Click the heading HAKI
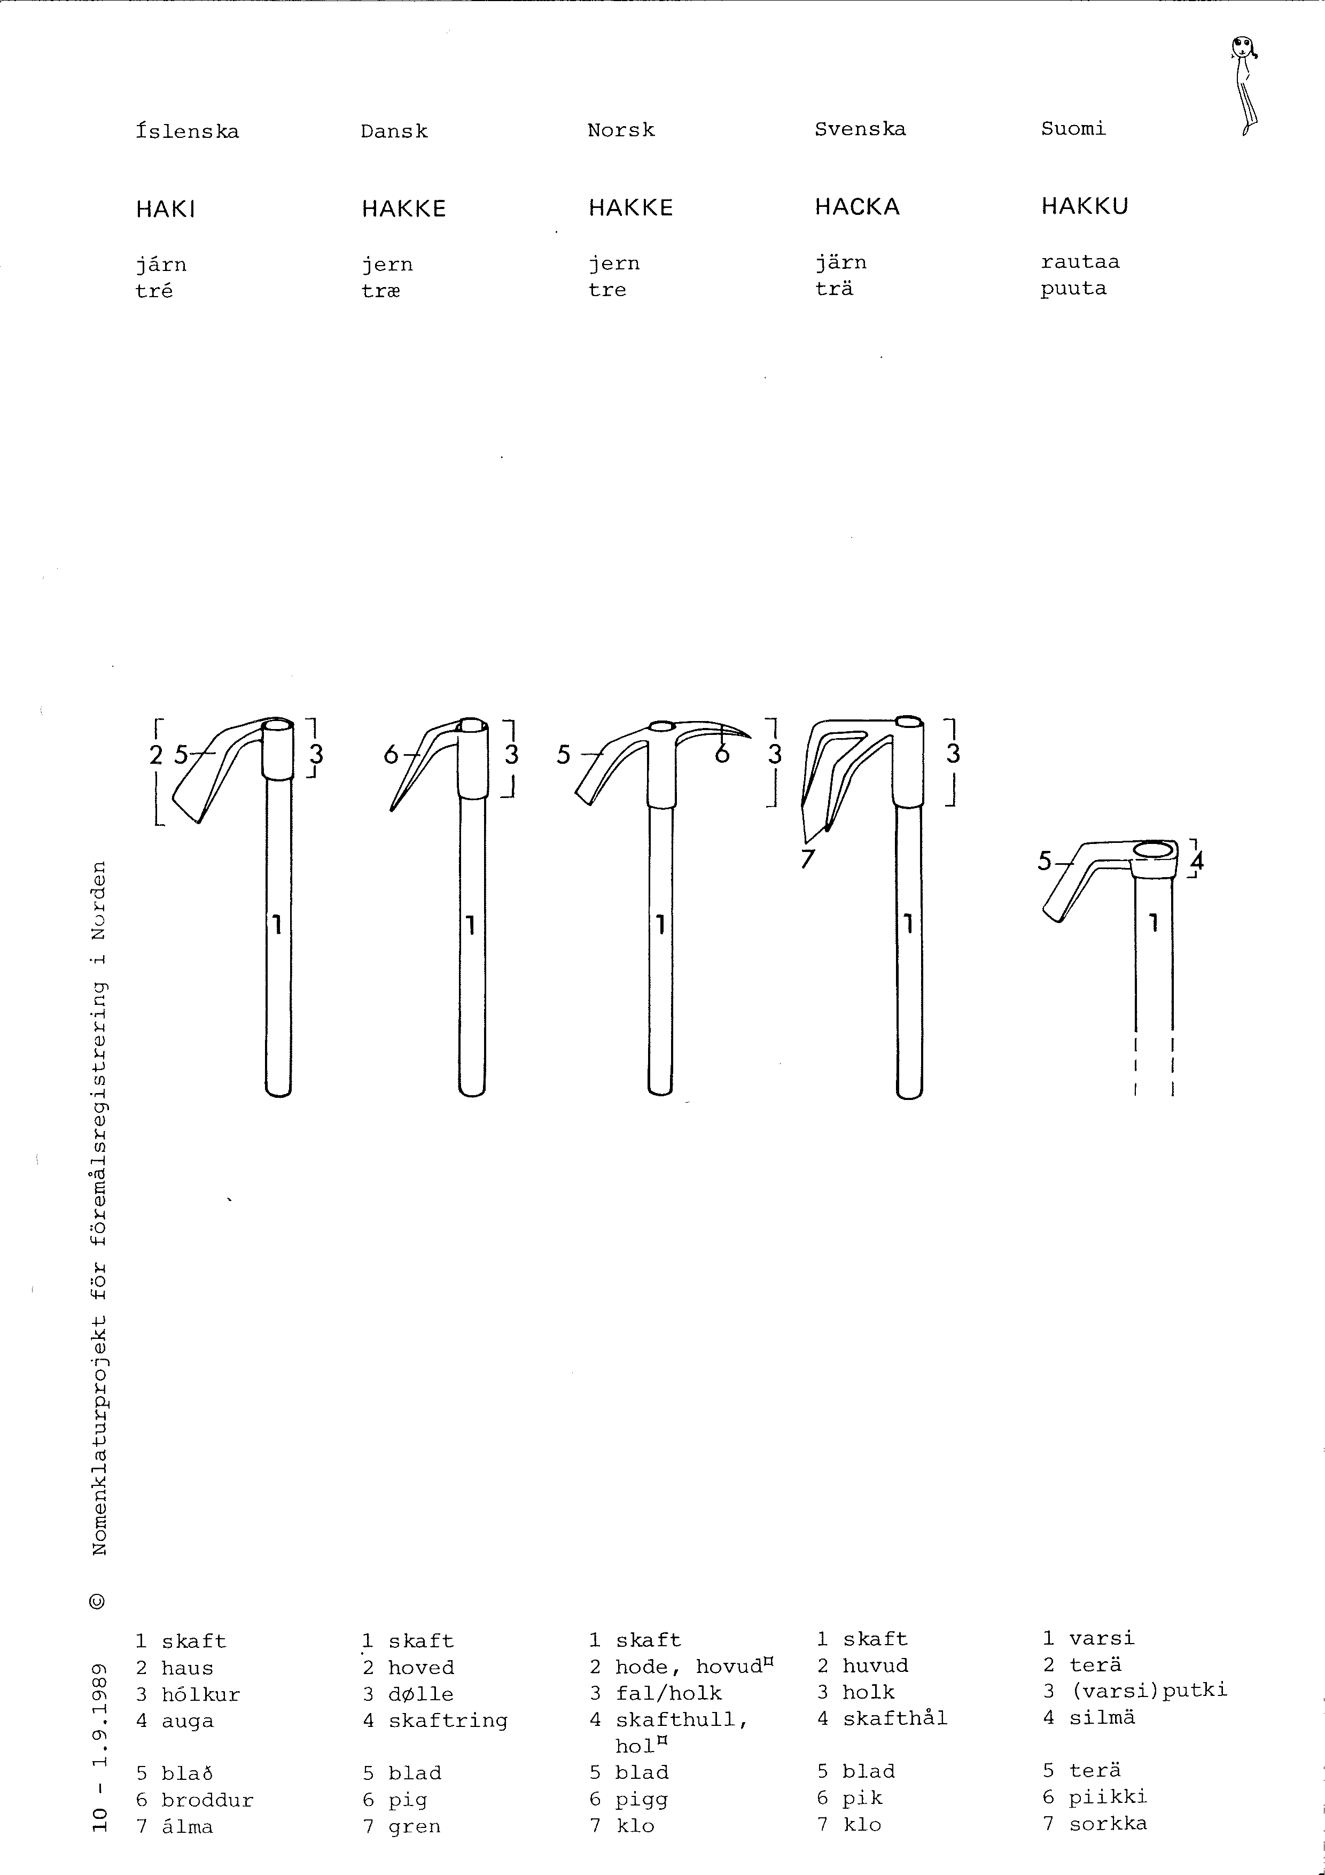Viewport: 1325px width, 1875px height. [x=166, y=210]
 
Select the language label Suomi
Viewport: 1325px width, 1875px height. [x=1073, y=128]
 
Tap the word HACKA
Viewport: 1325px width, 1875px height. [x=857, y=207]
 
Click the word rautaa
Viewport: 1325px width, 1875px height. [x=1080, y=262]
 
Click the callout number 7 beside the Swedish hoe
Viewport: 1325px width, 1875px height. [x=807, y=858]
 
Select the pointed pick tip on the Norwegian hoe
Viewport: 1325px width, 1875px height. [x=749, y=736]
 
